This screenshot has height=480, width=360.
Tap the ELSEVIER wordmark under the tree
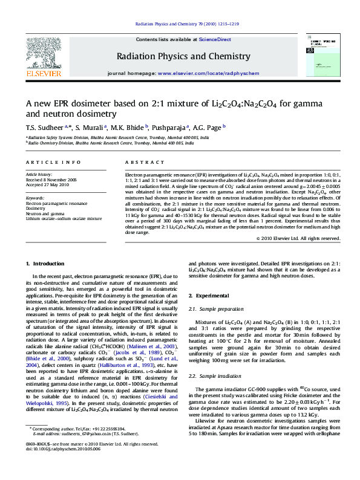(x=44, y=74)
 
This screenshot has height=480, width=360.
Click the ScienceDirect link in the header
(x=215, y=39)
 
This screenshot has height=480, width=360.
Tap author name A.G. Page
(x=209, y=128)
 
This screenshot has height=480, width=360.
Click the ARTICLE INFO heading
(x=53, y=163)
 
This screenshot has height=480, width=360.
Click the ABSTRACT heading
(x=140, y=163)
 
